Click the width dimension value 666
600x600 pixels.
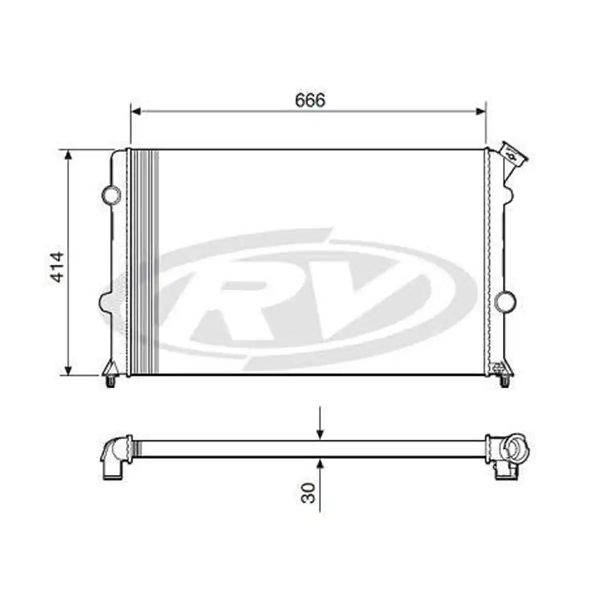point(310,100)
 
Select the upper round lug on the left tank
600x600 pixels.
point(111,194)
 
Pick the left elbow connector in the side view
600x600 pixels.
point(116,456)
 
